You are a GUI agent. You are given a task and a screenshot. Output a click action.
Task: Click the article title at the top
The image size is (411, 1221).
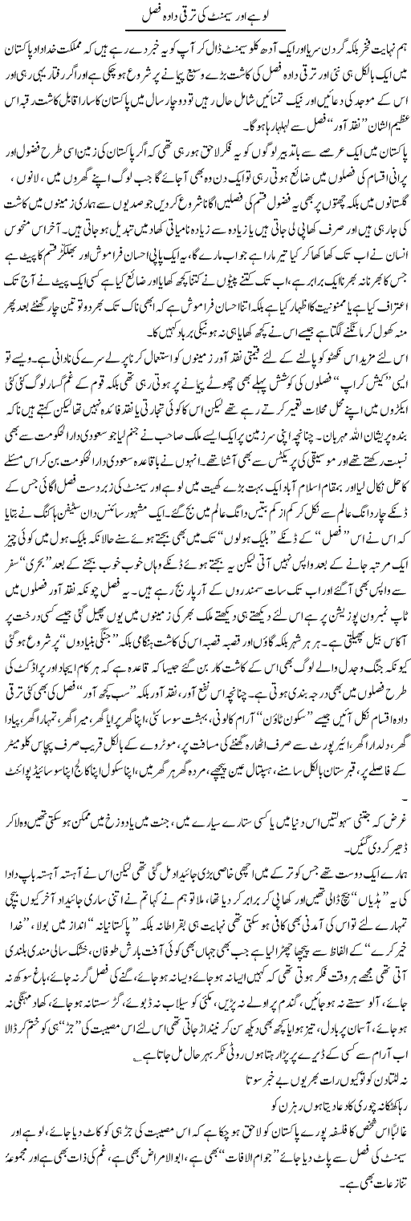pos(205,14)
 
